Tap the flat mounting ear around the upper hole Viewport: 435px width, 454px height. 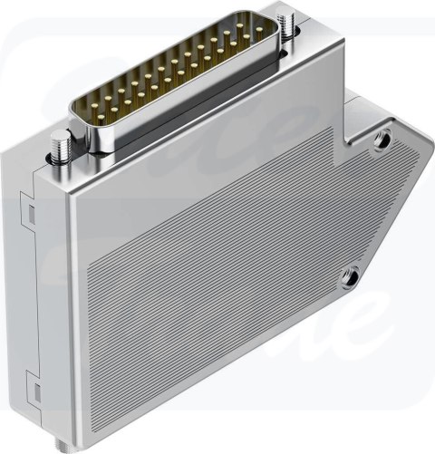pyautogui.click(x=399, y=150)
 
